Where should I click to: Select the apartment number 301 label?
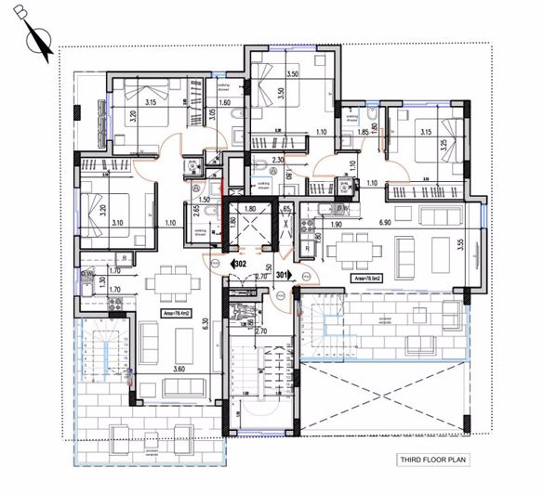[285, 275]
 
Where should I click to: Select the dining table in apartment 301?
[350, 249]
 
